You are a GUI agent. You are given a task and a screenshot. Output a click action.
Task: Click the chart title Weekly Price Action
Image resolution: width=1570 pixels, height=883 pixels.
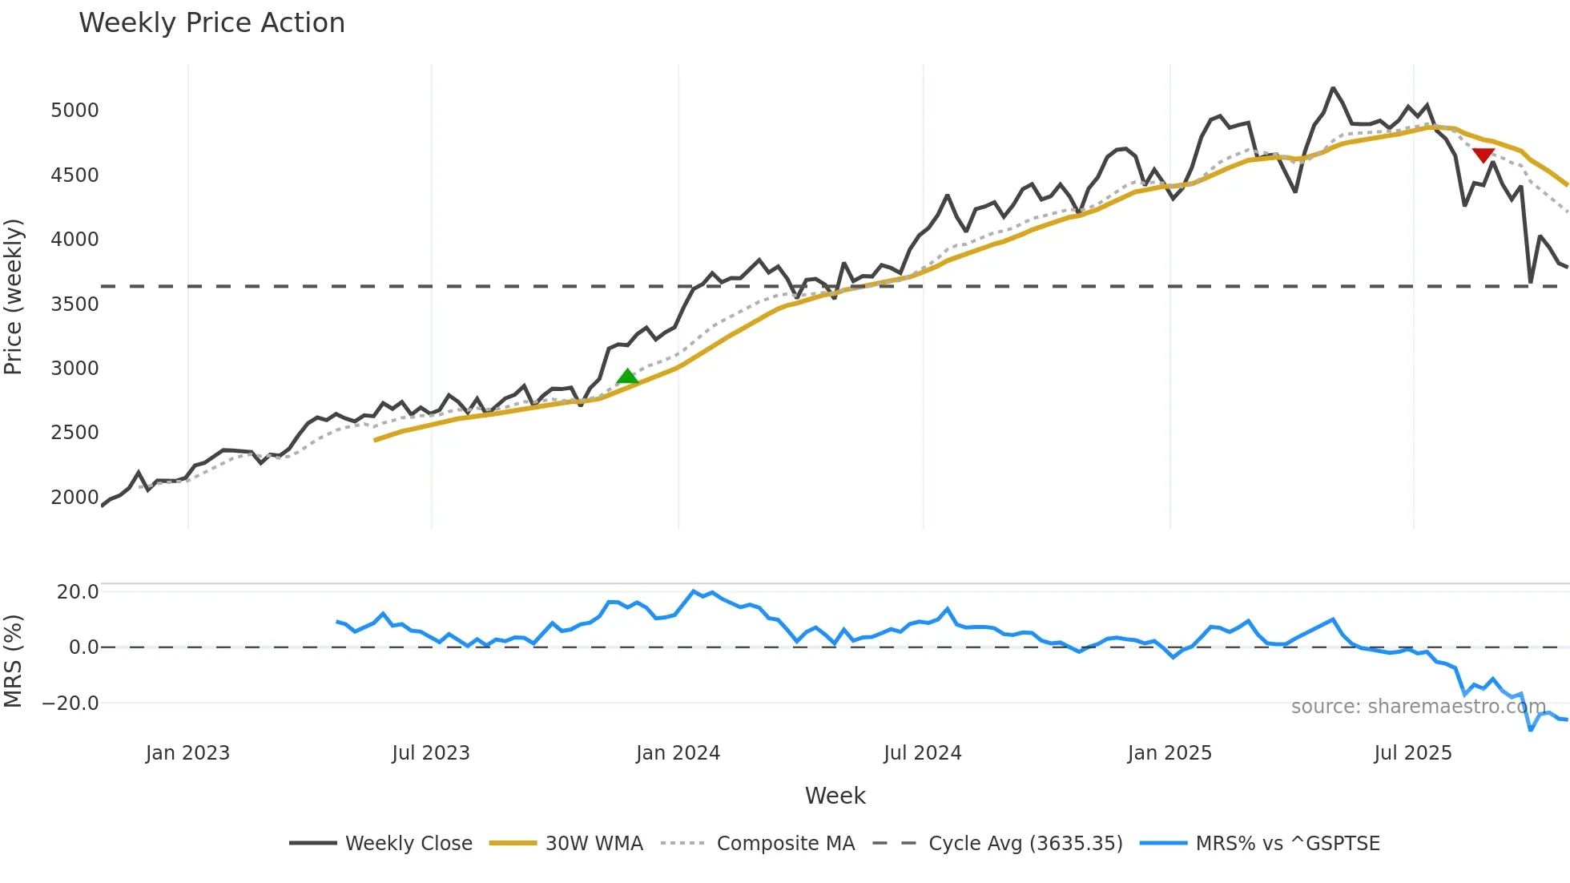click(211, 23)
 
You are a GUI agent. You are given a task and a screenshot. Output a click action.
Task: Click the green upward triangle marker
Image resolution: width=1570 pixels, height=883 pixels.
click(627, 377)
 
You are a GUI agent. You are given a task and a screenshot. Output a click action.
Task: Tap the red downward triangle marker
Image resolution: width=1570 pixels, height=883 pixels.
click(1483, 155)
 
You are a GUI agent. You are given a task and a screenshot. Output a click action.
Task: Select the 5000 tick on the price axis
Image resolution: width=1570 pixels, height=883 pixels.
click(74, 111)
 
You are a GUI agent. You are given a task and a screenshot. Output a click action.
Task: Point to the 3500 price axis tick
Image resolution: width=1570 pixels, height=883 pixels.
click(74, 304)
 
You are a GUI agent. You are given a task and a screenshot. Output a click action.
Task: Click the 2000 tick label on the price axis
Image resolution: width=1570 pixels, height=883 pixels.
click(74, 498)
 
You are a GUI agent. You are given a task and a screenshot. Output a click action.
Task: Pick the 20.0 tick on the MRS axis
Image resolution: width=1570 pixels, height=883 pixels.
click(78, 592)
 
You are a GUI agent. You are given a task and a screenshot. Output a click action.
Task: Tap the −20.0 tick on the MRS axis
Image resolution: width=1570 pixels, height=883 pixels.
click(70, 704)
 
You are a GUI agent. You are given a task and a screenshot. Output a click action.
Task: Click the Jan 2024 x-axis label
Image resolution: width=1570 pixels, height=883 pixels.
click(678, 753)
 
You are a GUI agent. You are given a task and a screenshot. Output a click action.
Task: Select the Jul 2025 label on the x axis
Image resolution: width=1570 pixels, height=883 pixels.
click(1412, 753)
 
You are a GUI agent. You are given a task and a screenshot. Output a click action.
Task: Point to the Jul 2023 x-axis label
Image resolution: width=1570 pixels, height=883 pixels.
click(431, 753)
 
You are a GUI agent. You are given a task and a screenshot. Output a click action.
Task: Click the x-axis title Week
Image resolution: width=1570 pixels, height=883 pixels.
click(835, 796)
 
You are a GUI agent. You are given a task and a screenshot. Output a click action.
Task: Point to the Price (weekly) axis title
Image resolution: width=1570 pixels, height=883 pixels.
click(14, 296)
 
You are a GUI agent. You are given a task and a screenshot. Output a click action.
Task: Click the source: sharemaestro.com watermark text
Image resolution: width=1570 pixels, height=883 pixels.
click(1418, 707)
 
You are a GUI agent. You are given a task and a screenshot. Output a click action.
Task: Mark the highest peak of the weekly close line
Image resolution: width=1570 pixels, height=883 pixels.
click(1333, 88)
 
